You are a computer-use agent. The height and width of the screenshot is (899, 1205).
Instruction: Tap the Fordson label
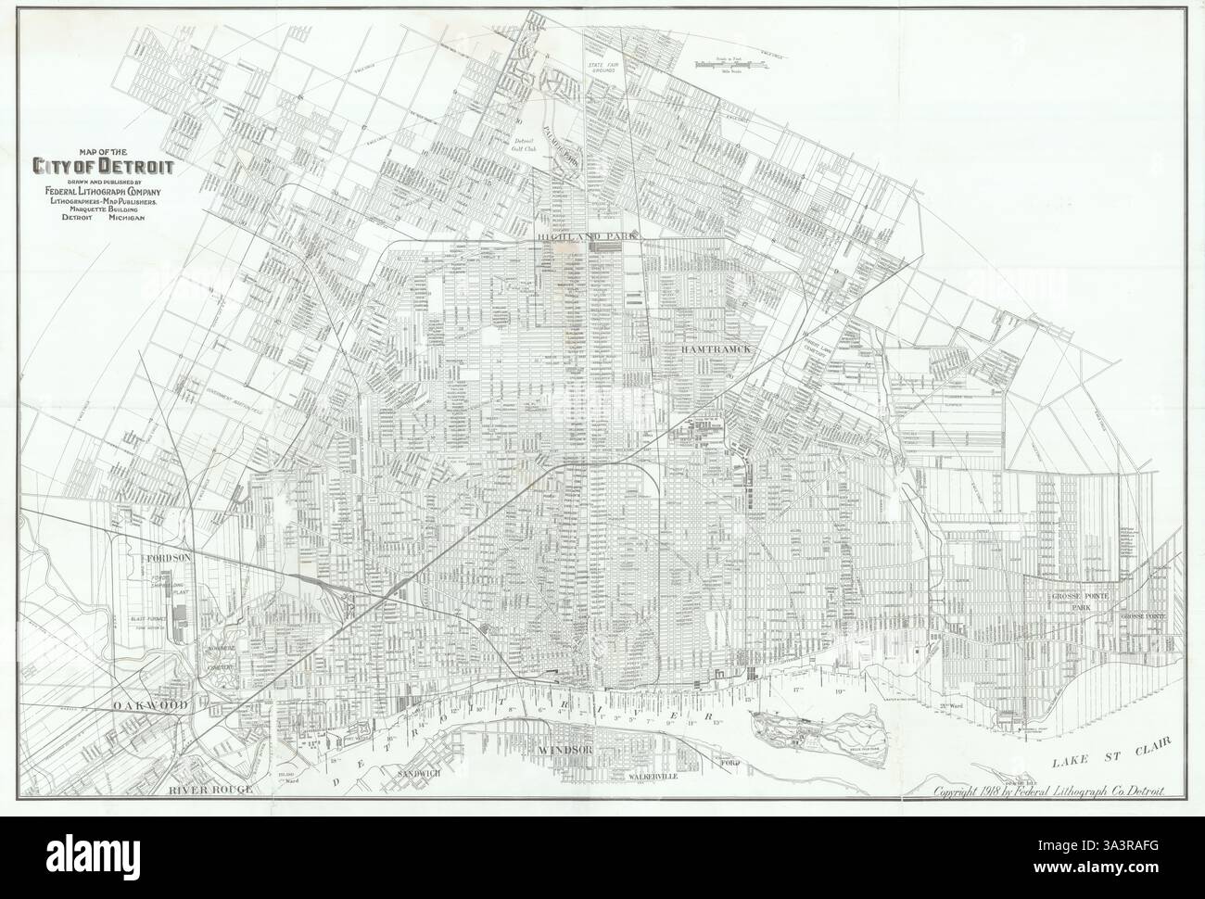(168, 559)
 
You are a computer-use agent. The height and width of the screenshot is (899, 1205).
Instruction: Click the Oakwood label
(151, 706)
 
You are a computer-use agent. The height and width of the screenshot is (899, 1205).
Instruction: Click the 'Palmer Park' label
(562, 141)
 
